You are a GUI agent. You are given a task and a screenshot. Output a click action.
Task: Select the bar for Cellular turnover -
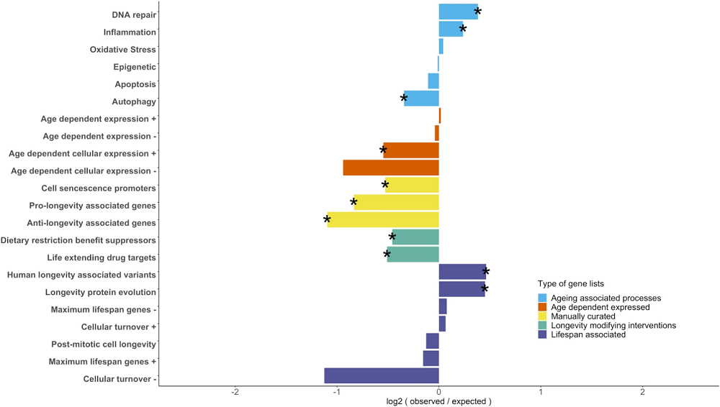382,375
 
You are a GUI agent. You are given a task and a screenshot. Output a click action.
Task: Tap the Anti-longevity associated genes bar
383,219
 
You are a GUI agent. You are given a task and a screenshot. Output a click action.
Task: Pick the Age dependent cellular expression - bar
391,168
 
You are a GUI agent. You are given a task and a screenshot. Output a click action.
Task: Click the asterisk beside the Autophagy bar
404,99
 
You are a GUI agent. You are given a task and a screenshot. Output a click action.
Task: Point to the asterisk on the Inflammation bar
463,29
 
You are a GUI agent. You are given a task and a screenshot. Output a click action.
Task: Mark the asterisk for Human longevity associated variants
486,272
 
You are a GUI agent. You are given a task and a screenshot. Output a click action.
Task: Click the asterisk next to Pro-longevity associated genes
354,203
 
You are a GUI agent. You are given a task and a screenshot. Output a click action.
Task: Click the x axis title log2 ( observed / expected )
438,401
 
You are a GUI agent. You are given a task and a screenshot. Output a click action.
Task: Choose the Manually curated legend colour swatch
542,316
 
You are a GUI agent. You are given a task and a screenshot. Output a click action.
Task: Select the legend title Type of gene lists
570,284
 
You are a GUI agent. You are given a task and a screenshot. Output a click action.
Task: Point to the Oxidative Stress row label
122,50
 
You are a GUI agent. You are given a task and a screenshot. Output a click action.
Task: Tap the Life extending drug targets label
102,257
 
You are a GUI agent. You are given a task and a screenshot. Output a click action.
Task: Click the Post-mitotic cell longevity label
103,344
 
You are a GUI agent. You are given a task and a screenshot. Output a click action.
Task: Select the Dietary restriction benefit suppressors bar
415,237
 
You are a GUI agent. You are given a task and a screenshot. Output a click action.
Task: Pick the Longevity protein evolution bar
462,289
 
